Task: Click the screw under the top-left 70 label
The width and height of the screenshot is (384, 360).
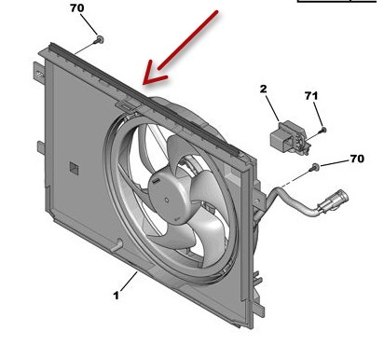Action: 98,41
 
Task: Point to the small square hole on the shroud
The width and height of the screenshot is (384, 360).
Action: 72,167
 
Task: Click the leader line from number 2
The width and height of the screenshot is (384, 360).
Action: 270,106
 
